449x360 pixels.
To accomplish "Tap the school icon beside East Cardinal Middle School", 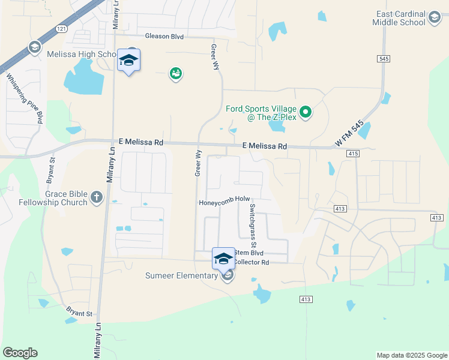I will (434, 18).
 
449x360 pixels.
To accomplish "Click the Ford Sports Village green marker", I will (306, 112).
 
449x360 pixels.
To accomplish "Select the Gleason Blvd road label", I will (164, 36).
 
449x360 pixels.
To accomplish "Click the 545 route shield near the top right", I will (384, 58).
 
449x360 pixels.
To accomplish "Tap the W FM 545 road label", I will (349, 135).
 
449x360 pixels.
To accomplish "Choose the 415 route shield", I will (352, 154).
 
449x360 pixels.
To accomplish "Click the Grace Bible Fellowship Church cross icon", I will (96, 197).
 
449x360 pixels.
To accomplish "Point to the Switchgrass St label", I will (253, 227).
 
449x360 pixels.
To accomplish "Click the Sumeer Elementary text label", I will (181, 276).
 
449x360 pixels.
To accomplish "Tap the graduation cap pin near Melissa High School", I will (128, 60).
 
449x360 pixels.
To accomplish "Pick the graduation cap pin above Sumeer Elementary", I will (223, 259).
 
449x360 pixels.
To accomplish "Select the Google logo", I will (20, 353).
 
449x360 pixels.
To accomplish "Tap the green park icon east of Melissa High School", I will (176, 74).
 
